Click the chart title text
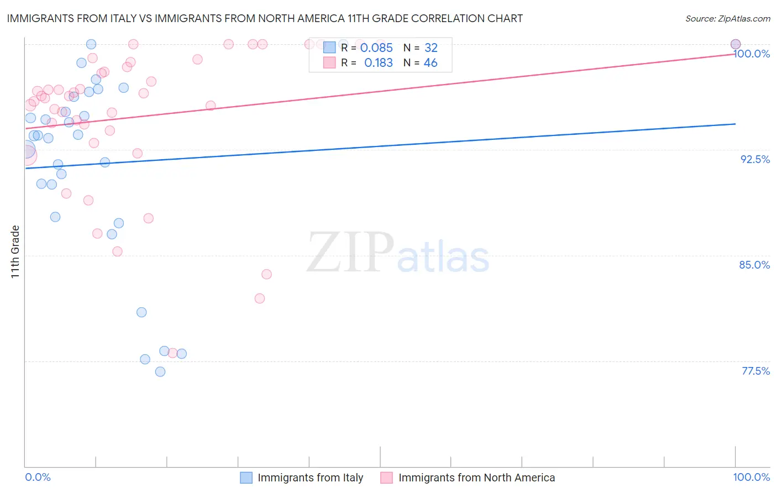[x=265, y=18]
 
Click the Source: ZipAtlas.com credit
[x=727, y=18]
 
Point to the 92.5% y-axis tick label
[x=755, y=159]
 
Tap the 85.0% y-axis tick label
[x=754, y=265]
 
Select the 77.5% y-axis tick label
[x=755, y=371]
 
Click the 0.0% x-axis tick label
[x=38, y=477]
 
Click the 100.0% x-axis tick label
[x=751, y=477]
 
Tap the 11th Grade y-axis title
[x=15, y=251]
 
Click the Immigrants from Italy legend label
[x=310, y=478]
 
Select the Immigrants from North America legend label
[x=476, y=478]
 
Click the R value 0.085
[x=376, y=48]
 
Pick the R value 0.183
[x=379, y=63]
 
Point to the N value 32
[x=431, y=48]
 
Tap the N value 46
[x=431, y=63]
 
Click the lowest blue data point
[x=160, y=371]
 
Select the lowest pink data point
[x=172, y=353]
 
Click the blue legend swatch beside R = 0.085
[x=329, y=48]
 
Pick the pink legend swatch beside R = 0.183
[x=329, y=62]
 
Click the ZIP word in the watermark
[x=350, y=253]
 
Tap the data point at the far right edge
[x=736, y=44]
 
